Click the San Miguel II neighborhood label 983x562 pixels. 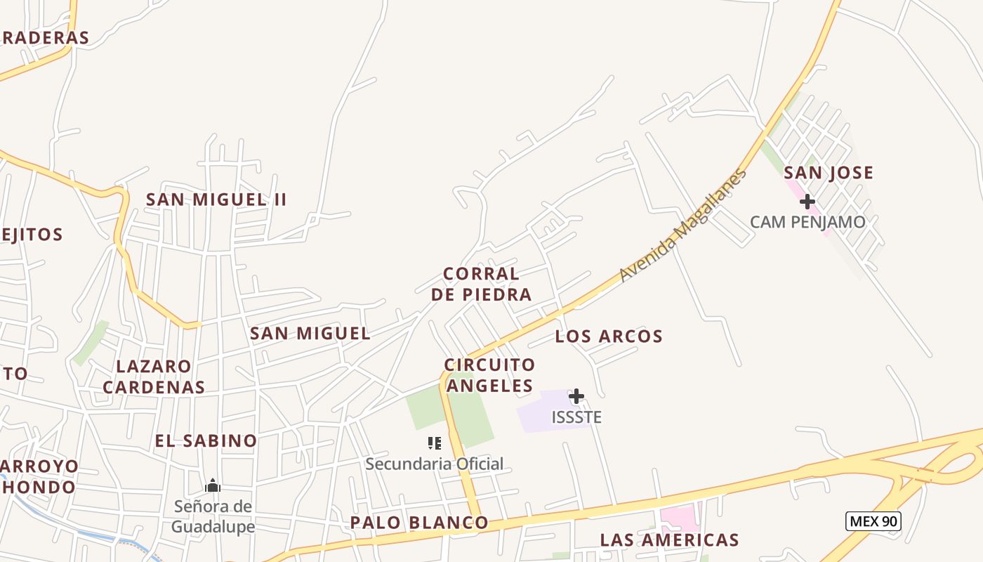click(x=216, y=200)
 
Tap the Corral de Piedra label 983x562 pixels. click(x=481, y=284)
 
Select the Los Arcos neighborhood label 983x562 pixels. click(x=609, y=336)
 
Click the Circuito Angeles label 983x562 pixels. click(x=489, y=375)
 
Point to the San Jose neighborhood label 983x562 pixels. click(x=829, y=173)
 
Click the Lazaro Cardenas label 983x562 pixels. click(x=154, y=377)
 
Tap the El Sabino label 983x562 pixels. click(x=206, y=441)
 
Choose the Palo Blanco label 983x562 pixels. click(x=419, y=523)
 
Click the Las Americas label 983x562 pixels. click(x=669, y=540)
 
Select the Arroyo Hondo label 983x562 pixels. click(x=39, y=477)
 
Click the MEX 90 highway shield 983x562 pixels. click(x=873, y=521)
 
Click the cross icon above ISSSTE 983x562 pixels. click(x=576, y=396)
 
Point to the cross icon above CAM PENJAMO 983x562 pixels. click(x=807, y=202)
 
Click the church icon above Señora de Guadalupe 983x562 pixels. click(x=213, y=485)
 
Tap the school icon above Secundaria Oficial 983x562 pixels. click(x=435, y=443)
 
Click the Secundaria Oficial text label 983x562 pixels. click(x=435, y=464)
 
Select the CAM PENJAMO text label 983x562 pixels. click(x=807, y=223)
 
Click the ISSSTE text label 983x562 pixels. click(x=576, y=417)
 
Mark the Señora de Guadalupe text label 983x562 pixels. click(x=213, y=516)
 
